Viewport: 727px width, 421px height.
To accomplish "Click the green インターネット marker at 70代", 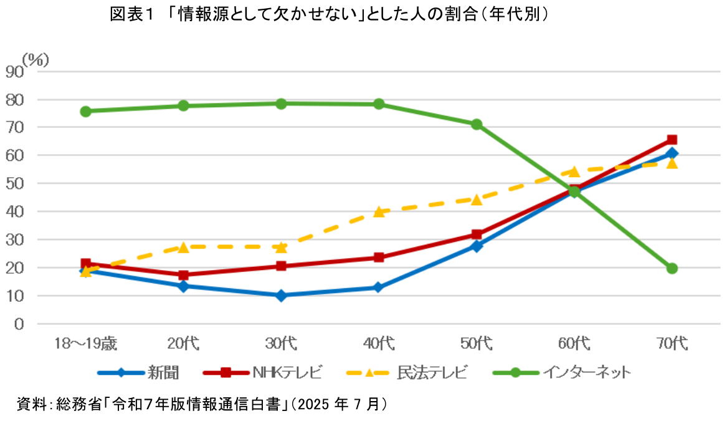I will [x=672, y=268].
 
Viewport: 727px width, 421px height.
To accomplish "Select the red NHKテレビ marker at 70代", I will [x=672, y=140].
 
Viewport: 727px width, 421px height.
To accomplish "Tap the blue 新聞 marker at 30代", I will [x=281, y=295].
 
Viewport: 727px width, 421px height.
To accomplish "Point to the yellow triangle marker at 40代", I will [x=379, y=211].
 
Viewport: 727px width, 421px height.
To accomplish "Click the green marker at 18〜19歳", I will [x=86, y=111].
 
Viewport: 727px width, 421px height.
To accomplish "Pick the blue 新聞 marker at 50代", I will [x=477, y=246].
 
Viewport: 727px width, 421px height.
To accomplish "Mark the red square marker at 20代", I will [x=184, y=275].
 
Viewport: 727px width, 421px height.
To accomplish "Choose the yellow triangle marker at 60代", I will [x=574, y=171].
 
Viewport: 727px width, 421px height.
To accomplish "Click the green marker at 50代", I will [x=477, y=124].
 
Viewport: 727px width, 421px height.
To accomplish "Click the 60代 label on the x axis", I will [x=574, y=343].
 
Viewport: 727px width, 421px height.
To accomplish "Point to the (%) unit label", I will [x=36, y=59].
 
